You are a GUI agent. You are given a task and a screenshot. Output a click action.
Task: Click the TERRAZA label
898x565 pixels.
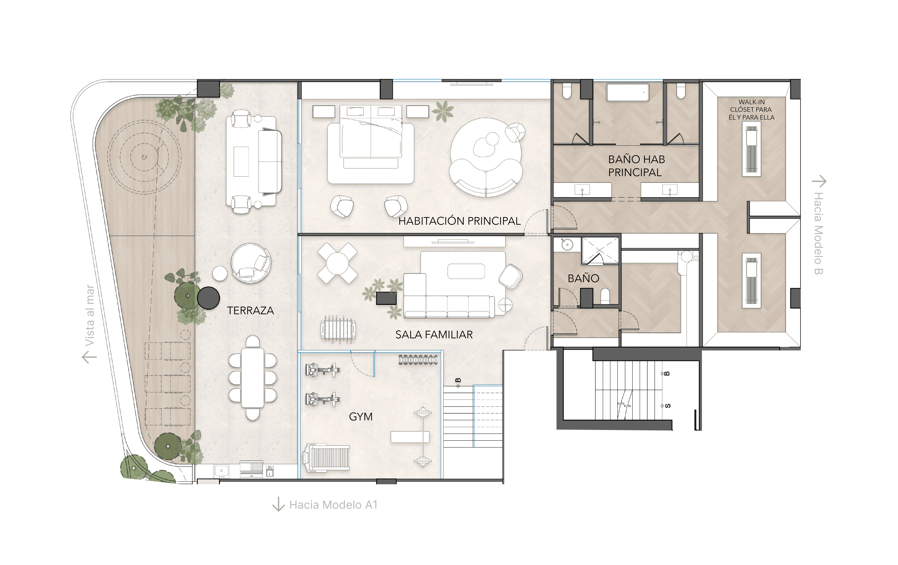[x=250, y=310]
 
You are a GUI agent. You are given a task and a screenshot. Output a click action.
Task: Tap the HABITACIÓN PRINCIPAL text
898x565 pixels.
[x=459, y=221]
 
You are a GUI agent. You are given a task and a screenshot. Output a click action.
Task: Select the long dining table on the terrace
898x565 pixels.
[x=252, y=378]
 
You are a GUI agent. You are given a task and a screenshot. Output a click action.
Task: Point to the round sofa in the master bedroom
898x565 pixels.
[x=486, y=157]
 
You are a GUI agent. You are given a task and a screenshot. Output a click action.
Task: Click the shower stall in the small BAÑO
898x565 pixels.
[x=600, y=251]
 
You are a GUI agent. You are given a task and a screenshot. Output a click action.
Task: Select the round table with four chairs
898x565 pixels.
[x=337, y=263]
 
